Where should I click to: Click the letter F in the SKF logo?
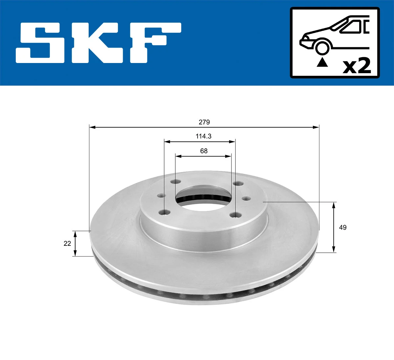click(x=154, y=43)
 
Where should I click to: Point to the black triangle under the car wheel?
click(x=322, y=62)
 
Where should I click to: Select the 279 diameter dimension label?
click(x=204, y=122)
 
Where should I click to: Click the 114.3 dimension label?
click(x=203, y=136)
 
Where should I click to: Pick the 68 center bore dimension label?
click(x=204, y=151)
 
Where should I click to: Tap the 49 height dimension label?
click(x=342, y=227)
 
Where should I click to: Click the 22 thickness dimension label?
click(x=67, y=244)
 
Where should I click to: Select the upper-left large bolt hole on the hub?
click(x=176, y=182)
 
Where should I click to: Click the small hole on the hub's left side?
click(x=161, y=196)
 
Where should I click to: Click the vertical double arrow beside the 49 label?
click(x=334, y=227)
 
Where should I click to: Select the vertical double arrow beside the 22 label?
click(x=75, y=244)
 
